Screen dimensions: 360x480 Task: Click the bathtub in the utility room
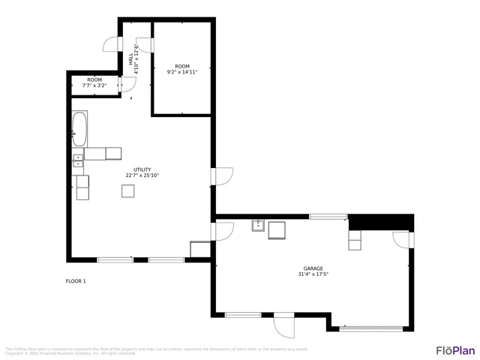coord(79,128)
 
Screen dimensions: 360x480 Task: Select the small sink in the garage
coord(259,226)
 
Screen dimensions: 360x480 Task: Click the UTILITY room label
coord(142,169)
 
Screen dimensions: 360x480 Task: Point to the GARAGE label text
coord(313,268)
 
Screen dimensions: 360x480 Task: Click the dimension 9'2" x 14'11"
coord(182,73)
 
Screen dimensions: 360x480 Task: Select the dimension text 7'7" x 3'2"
coord(94,85)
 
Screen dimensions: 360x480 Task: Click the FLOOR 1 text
coord(76,281)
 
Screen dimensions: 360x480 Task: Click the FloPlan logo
coord(455,350)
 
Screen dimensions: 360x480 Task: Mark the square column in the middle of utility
coord(129,191)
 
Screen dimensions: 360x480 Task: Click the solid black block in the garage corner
coord(382,222)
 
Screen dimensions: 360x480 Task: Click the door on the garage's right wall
coord(402,240)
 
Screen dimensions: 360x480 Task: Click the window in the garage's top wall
coord(328,217)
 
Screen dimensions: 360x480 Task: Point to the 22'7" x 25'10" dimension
coord(142,175)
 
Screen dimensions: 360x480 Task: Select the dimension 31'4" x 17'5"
coord(313,274)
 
